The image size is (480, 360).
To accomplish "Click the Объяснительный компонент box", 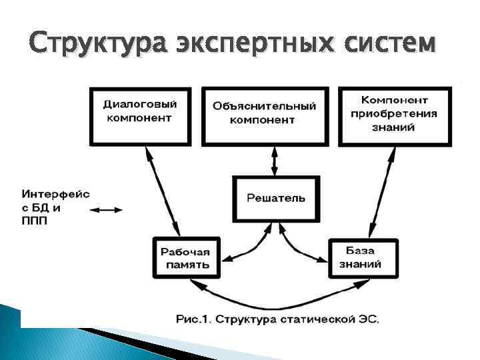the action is (x=265, y=116).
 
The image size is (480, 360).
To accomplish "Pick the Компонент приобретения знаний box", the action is (x=394, y=116).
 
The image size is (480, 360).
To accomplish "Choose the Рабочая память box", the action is (x=185, y=257).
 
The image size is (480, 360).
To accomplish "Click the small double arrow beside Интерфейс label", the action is (x=106, y=210).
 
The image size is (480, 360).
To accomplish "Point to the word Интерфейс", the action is (x=55, y=194).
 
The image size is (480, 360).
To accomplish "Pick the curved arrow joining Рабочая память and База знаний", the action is (x=274, y=297).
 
